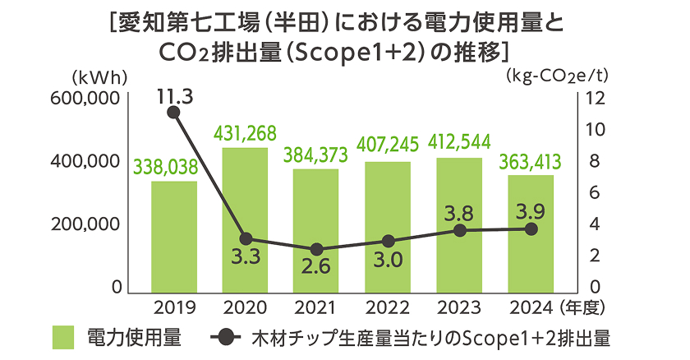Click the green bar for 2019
point(173,235)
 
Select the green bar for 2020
point(245,219)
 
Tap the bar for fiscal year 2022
point(388,225)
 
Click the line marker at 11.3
point(173,112)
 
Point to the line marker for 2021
point(316,249)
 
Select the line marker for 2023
point(459,231)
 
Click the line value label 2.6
point(316,267)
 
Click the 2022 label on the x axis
point(388,309)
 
